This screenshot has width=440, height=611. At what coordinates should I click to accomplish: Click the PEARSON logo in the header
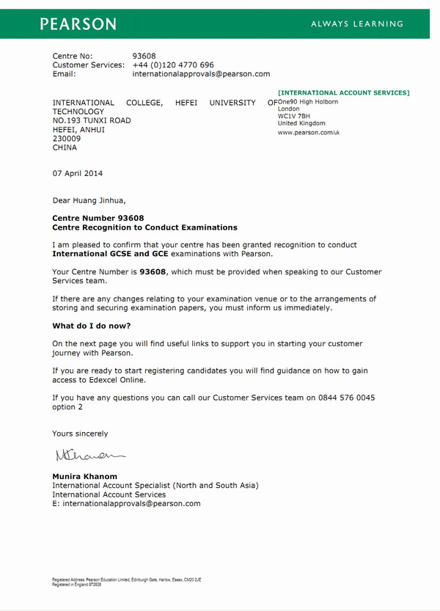[78, 23]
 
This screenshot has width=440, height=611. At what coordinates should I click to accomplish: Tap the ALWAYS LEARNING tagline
[357, 24]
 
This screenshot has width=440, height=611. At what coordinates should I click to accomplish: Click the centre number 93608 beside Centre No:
[144, 56]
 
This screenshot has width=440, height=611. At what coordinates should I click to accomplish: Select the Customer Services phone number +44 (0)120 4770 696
[173, 65]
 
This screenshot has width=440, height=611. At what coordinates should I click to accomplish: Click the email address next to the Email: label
[201, 74]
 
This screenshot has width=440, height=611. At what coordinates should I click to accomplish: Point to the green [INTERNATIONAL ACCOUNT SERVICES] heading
[344, 93]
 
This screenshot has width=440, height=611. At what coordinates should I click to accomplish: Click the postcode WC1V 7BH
[294, 116]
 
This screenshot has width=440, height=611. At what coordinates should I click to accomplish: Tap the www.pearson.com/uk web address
[308, 133]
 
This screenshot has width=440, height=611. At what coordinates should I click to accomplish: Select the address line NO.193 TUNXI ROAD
[92, 120]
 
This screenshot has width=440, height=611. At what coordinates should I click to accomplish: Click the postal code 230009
[67, 138]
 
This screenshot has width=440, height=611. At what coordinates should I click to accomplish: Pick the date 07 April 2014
[78, 174]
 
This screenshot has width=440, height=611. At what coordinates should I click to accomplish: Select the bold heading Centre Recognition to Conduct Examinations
[145, 227]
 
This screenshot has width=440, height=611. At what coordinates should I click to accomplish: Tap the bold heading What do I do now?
[92, 326]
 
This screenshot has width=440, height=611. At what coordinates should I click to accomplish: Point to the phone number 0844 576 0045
[351, 398]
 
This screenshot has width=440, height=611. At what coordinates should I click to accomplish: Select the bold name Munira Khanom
[85, 476]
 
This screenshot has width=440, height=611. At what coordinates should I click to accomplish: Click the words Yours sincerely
[80, 433]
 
